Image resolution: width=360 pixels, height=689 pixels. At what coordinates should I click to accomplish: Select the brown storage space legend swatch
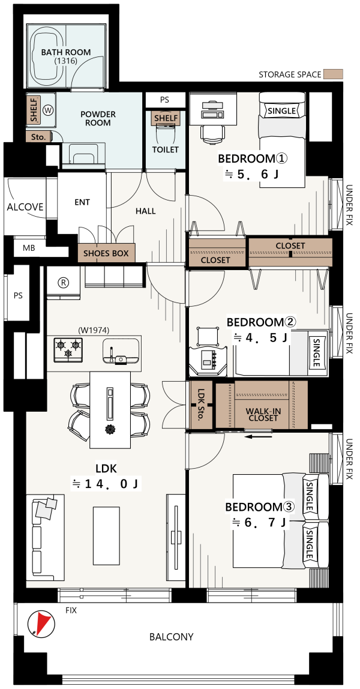(x=333, y=74)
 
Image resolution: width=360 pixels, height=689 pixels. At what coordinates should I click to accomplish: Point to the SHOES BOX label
(x=106, y=253)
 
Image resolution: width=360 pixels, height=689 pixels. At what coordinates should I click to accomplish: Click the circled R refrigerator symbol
(x=64, y=283)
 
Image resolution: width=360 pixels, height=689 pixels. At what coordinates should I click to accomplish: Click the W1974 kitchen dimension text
(x=94, y=329)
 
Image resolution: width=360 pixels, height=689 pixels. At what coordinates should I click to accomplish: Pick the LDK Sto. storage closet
(x=202, y=405)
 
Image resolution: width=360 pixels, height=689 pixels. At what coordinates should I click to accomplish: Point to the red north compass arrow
(x=41, y=623)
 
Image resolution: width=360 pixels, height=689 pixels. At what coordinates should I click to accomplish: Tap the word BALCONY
(x=171, y=637)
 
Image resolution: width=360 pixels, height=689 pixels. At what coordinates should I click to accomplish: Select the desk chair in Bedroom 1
(x=214, y=132)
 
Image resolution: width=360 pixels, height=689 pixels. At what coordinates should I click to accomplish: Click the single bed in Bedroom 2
(x=281, y=354)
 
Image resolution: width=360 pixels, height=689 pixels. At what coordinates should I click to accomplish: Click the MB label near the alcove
(x=29, y=248)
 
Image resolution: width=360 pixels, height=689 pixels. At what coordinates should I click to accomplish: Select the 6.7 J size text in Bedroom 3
(x=260, y=523)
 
